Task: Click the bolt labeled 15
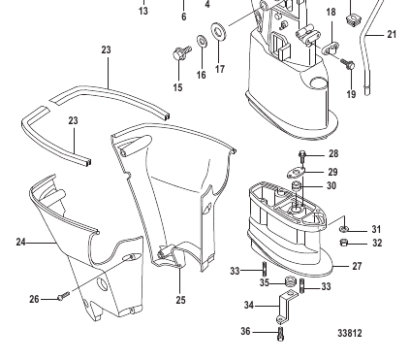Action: click(x=182, y=53)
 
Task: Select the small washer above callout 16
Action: click(x=203, y=41)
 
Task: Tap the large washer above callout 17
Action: click(x=219, y=31)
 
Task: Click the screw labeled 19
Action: click(x=347, y=64)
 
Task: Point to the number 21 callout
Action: click(x=392, y=34)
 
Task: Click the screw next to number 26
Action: click(x=63, y=296)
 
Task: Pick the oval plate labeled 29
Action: click(x=296, y=173)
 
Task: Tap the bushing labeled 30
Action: click(x=297, y=187)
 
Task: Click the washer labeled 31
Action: click(x=344, y=229)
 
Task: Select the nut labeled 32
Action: click(x=344, y=243)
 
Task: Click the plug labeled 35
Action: click(x=290, y=281)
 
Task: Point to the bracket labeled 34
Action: click(x=286, y=307)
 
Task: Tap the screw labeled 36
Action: click(x=280, y=334)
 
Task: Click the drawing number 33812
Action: click(x=350, y=333)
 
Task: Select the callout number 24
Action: click(x=21, y=242)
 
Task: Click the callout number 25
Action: click(x=181, y=300)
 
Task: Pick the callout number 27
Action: click(x=357, y=266)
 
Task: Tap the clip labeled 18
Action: click(x=331, y=48)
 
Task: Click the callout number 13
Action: click(x=143, y=11)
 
